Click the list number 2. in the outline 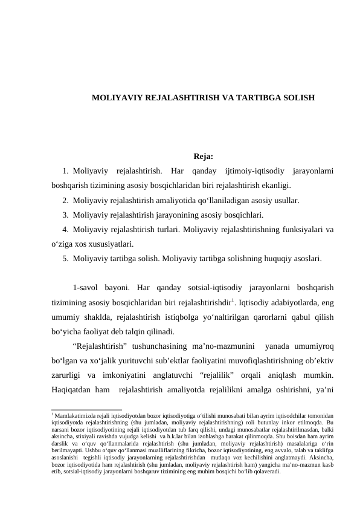pyautogui.click(x=65, y=200)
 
